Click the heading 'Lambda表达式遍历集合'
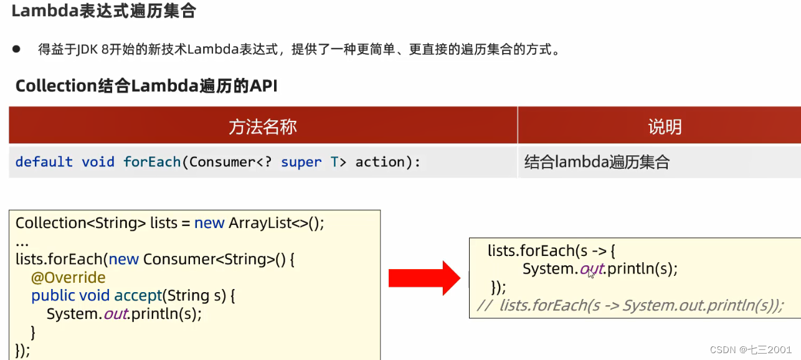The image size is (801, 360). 103,11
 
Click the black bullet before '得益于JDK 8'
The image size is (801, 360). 16,49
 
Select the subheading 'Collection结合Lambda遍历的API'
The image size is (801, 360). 146,85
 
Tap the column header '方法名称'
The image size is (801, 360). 263,127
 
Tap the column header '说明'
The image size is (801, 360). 665,127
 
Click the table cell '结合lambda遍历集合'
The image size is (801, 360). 597,163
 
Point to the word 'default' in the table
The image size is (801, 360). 44,162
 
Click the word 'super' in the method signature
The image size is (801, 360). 301,162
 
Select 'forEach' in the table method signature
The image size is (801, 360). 152,162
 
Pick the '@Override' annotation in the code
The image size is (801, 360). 69,277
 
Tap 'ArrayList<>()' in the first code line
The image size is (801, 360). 277,223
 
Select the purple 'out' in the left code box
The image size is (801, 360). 116,314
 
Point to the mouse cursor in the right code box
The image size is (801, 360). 590,273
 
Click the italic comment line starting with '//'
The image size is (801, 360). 629,305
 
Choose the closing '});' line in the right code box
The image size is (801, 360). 498,287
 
